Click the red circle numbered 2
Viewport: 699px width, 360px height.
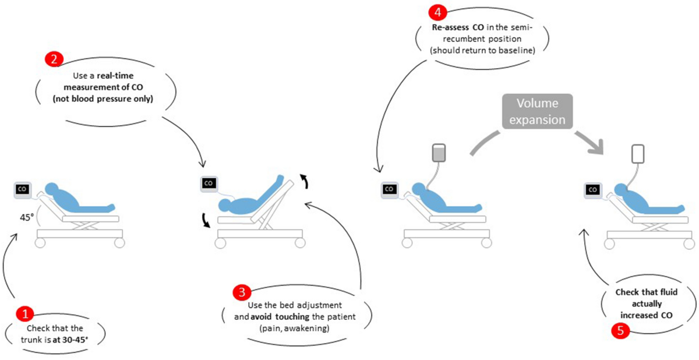click(54, 59)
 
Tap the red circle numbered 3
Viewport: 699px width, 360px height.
click(239, 292)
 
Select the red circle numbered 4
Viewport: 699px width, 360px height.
click(436, 12)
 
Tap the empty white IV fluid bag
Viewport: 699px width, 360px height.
click(640, 154)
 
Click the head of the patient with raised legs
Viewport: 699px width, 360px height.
click(223, 204)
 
